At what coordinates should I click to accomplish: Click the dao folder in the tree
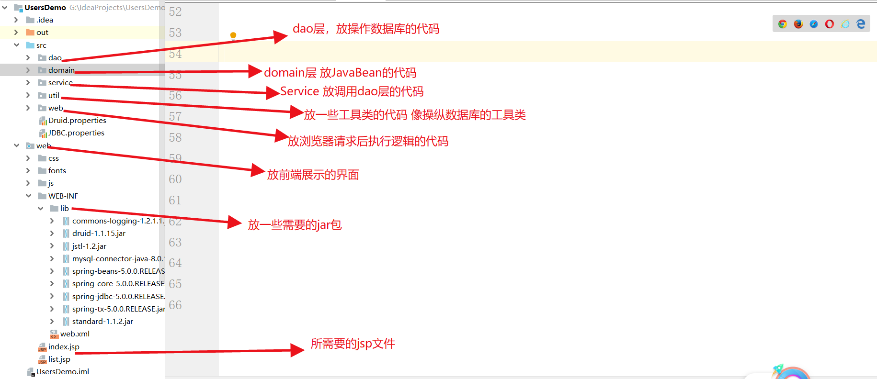55,58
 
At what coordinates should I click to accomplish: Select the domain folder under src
61,70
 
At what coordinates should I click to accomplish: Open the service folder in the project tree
60,83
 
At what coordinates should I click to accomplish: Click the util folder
54,96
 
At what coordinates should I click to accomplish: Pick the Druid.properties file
77,121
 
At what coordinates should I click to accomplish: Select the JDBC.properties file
76,133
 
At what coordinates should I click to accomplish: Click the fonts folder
57,171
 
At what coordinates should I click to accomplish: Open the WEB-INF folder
63,196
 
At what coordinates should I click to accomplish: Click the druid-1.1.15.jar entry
99,234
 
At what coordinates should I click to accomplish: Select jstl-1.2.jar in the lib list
89,246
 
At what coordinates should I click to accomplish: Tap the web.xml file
74,334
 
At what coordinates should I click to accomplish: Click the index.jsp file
63,347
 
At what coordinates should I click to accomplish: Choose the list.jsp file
59,359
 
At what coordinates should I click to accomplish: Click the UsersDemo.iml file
62,372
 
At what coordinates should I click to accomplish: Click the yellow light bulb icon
233,36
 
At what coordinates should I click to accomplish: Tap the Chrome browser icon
783,24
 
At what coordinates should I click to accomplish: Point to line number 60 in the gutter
175,179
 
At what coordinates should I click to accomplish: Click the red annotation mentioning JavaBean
340,73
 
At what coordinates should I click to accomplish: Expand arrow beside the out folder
16,33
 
